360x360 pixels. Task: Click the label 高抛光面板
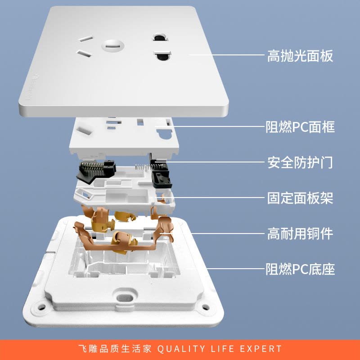(x=300, y=56)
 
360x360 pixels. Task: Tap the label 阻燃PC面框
(x=300, y=127)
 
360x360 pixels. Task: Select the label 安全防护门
(x=300, y=162)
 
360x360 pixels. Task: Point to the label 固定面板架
(x=300, y=198)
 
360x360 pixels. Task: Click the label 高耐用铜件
(x=300, y=234)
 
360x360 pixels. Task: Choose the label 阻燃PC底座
(x=300, y=270)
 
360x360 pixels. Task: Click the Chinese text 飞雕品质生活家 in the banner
(x=117, y=349)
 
